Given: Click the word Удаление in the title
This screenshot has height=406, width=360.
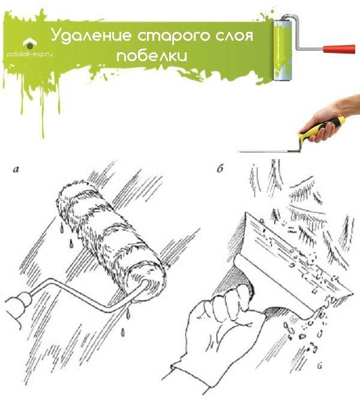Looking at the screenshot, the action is (91, 35).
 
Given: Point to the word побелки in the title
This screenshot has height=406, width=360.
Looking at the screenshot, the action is (152, 55).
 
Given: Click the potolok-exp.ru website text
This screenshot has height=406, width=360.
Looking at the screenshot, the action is (29, 55).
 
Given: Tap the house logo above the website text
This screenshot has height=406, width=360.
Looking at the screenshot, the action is (30, 43).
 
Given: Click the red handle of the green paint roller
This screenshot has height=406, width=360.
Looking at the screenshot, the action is (339, 49).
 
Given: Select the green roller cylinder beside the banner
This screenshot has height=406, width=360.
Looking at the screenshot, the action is (283, 50).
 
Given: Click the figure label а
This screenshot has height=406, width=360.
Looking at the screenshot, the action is (16, 169).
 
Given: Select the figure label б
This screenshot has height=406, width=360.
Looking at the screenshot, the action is (220, 169).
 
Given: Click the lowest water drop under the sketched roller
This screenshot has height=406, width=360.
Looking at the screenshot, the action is (123, 332).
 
